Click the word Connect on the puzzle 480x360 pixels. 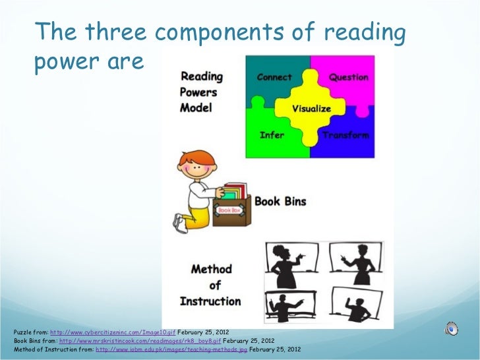pos(274,77)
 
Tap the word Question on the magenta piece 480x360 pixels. pos(349,77)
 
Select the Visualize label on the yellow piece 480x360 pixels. pos(311,108)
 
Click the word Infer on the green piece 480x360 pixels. pos(272,135)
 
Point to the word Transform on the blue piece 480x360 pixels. pos(345,135)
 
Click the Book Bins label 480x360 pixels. pos(280,201)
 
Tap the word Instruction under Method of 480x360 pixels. pos(210,301)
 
